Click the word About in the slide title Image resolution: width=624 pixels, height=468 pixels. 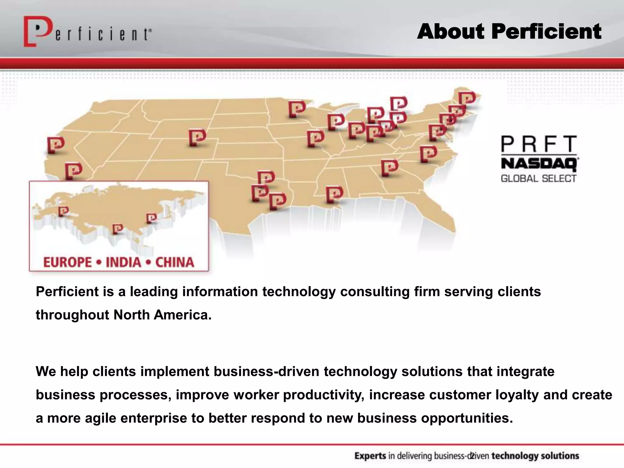(x=450, y=31)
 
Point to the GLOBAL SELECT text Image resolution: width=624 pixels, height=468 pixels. (x=539, y=178)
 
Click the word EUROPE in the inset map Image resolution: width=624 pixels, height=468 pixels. (x=67, y=262)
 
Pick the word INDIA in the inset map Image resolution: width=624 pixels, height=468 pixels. (x=123, y=262)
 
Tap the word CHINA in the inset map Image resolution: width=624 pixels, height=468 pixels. (x=175, y=262)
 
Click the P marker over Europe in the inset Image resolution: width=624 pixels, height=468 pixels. (x=63, y=211)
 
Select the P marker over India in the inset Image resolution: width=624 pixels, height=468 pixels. (x=117, y=229)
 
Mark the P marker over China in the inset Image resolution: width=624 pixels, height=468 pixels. (x=151, y=218)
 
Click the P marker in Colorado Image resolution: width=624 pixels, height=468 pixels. (x=197, y=137)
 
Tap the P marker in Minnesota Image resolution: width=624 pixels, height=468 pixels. (x=297, y=108)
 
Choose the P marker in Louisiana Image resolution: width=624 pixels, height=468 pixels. (x=334, y=194)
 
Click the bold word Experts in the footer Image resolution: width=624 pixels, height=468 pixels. (x=370, y=456)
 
